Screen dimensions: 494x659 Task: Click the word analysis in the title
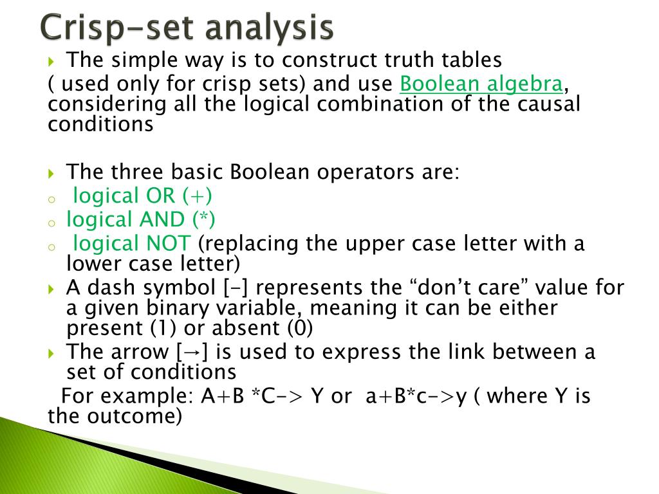(279, 29)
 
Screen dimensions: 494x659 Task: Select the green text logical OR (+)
(142, 195)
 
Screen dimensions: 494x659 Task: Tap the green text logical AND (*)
(141, 219)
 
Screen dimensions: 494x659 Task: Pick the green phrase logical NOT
(132, 244)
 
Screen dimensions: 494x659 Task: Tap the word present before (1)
(106, 329)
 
